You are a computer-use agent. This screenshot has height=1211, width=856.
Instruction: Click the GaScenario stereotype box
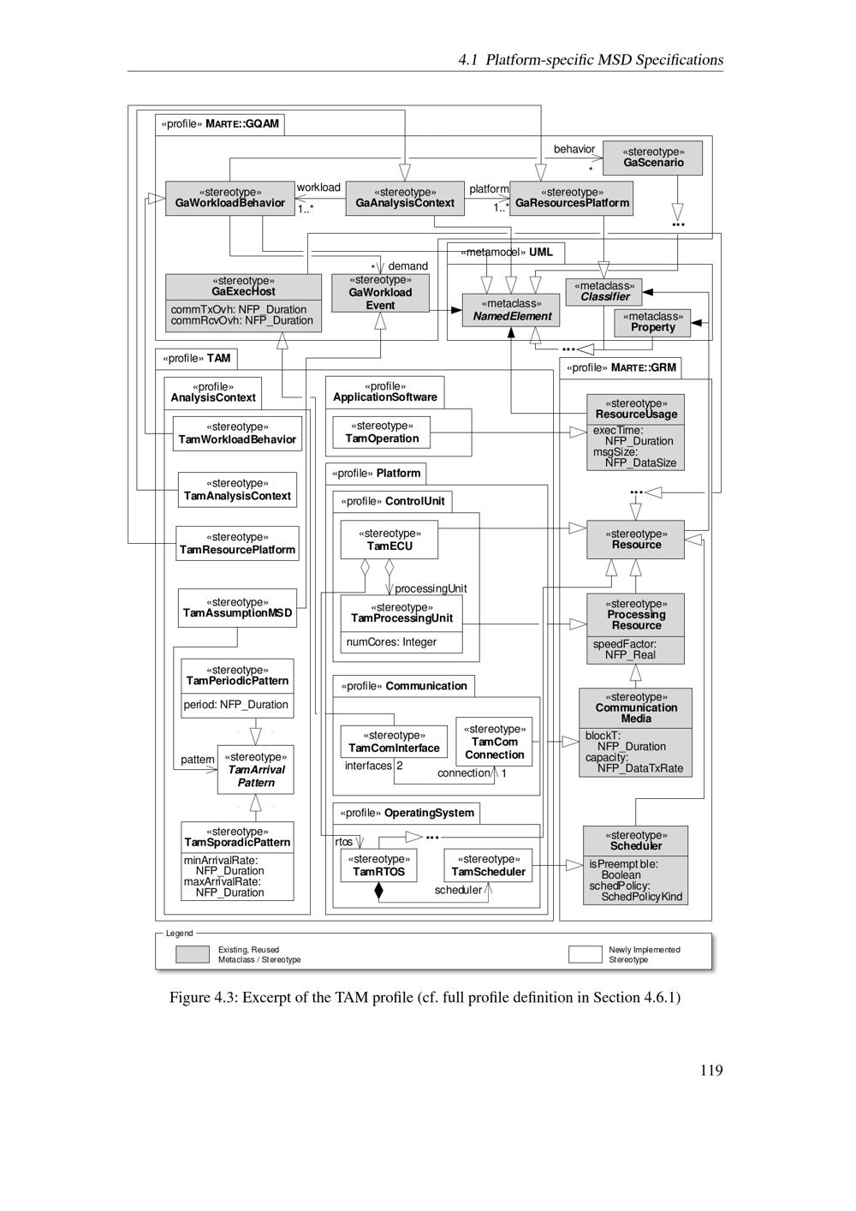click(x=652, y=158)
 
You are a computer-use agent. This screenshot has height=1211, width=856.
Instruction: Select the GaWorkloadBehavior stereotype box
click(x=229, y=198)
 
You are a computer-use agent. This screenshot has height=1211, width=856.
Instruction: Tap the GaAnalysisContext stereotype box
click(x=405, y=198)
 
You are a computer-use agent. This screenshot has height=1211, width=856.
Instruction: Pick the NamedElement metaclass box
click(x=511, y=310)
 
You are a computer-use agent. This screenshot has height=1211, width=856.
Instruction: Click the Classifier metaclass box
click(x=604, y=291)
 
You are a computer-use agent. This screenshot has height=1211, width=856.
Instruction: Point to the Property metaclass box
click(x=652, y=322)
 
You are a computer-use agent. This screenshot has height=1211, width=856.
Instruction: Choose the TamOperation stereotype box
click(x=382, y=432)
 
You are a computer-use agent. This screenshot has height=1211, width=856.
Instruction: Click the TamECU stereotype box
click(x=389, y=540)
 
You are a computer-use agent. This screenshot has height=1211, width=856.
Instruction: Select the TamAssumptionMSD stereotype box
click(x=237, y=608)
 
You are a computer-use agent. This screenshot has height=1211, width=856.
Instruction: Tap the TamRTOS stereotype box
click(x=378, y=866)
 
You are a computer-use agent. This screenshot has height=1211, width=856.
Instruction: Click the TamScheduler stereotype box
click(x=488, y=866)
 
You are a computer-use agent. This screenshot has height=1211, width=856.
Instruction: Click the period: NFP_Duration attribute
click(x=235, y=705)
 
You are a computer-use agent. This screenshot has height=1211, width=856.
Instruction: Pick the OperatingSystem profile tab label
click(x=407, y=813)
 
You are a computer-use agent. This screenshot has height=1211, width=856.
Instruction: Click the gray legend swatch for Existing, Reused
click(x=193, y=954)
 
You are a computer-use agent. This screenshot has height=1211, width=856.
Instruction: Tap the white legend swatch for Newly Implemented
click(x=586, y=954)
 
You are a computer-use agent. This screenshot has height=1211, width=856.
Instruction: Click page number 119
click(x=710, y=1070)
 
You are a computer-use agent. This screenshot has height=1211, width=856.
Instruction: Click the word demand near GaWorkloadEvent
click(x=407, y=266)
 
